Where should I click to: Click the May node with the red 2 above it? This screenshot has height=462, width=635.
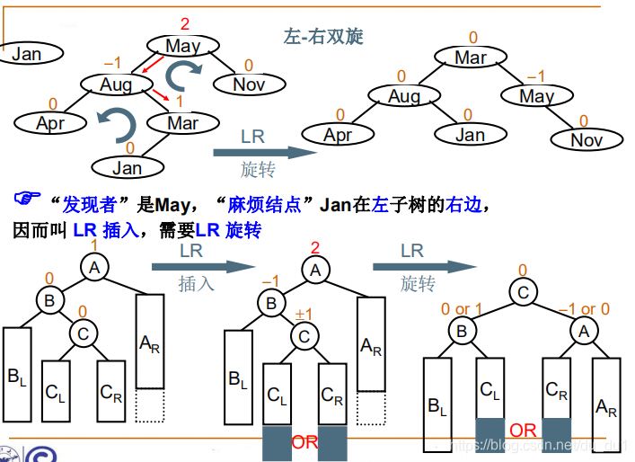183,45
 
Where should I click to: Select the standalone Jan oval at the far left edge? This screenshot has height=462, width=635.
27,54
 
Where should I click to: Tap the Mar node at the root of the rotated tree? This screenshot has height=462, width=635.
471,58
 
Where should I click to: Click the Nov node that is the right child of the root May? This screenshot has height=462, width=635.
249,84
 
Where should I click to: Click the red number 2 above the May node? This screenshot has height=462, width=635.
185,23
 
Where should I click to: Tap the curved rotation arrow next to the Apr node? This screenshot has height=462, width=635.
115,121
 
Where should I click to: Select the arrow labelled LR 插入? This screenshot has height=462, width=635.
198,266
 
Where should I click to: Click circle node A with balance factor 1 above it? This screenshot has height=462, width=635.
94,266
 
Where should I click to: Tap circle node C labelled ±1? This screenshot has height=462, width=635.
304,336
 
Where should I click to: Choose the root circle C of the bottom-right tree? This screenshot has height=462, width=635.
522,291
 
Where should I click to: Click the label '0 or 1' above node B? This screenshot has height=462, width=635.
462,309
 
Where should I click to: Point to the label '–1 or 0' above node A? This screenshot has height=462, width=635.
584,309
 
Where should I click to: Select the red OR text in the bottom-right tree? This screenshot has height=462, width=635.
523,431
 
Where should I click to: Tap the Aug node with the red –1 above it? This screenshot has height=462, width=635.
116,84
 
